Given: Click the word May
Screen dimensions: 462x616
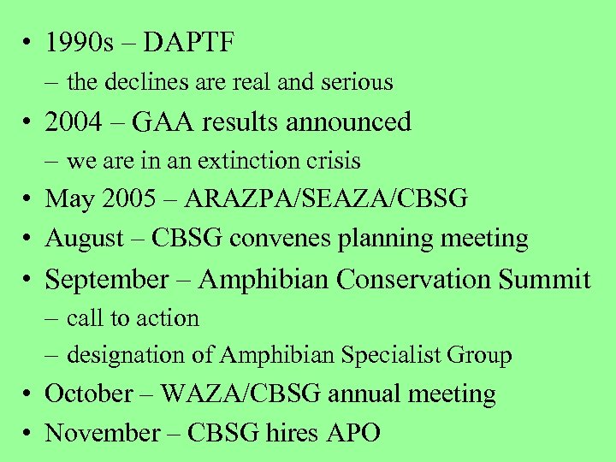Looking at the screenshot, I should pyautogui.click(x=68, y=198).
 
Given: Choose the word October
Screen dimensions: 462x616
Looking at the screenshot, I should pyautogui.click(x=89, y=394).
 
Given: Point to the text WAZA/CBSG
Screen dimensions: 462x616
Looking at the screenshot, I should pyautogui.click(x=240, y=394).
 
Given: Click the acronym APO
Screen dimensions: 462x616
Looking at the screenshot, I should pyautogui.click(x=352, y=433).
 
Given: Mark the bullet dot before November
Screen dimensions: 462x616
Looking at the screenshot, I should pyautogui.click(x=30, y=433).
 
